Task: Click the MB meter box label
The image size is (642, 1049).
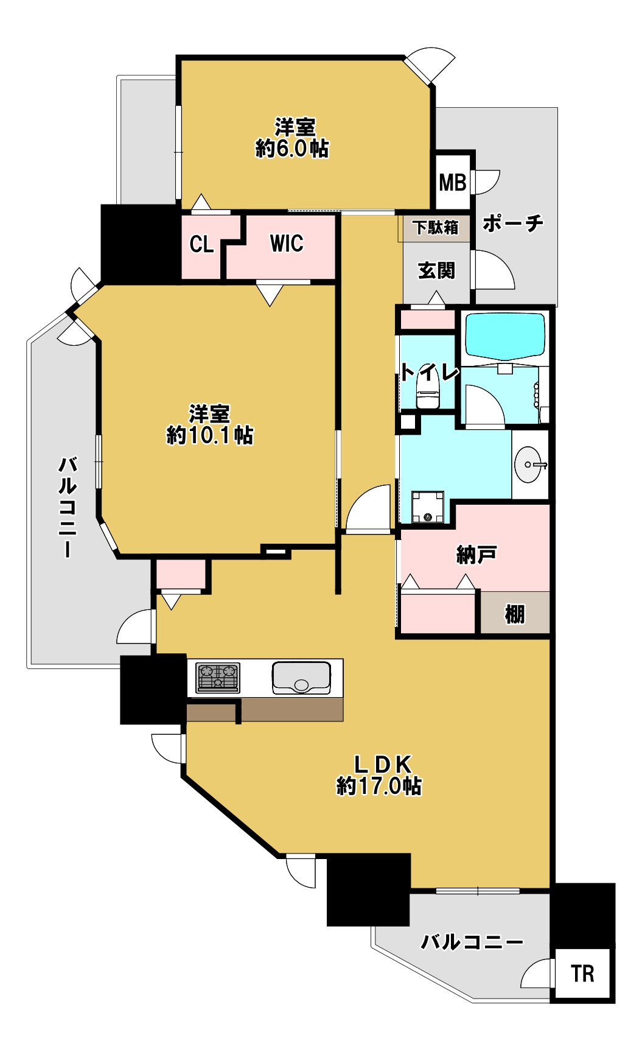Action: point(453,182)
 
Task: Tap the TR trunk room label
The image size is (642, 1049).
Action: point(582,974)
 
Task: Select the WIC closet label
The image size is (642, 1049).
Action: point(287,244)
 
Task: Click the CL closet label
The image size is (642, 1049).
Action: point(201,244)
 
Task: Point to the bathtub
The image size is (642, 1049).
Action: point(505,337)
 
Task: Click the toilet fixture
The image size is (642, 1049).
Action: point(428,390)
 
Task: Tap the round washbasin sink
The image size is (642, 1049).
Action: point(528,465)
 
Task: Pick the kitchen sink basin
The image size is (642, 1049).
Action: point(301,678)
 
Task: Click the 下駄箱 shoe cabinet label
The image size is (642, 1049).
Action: point(435,228)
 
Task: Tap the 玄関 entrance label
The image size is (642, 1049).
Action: point(436,270)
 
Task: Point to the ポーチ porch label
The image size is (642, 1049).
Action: point(513,223)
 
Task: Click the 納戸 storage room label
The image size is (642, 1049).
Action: point(476,555)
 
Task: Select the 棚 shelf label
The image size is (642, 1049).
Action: point(515,614)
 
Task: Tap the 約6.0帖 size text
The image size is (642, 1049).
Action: point(292,148)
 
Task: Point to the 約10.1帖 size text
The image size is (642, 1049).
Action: point(209,435)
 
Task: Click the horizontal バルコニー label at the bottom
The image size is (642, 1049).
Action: point(472,942)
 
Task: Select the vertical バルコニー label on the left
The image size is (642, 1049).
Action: point(68,507)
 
